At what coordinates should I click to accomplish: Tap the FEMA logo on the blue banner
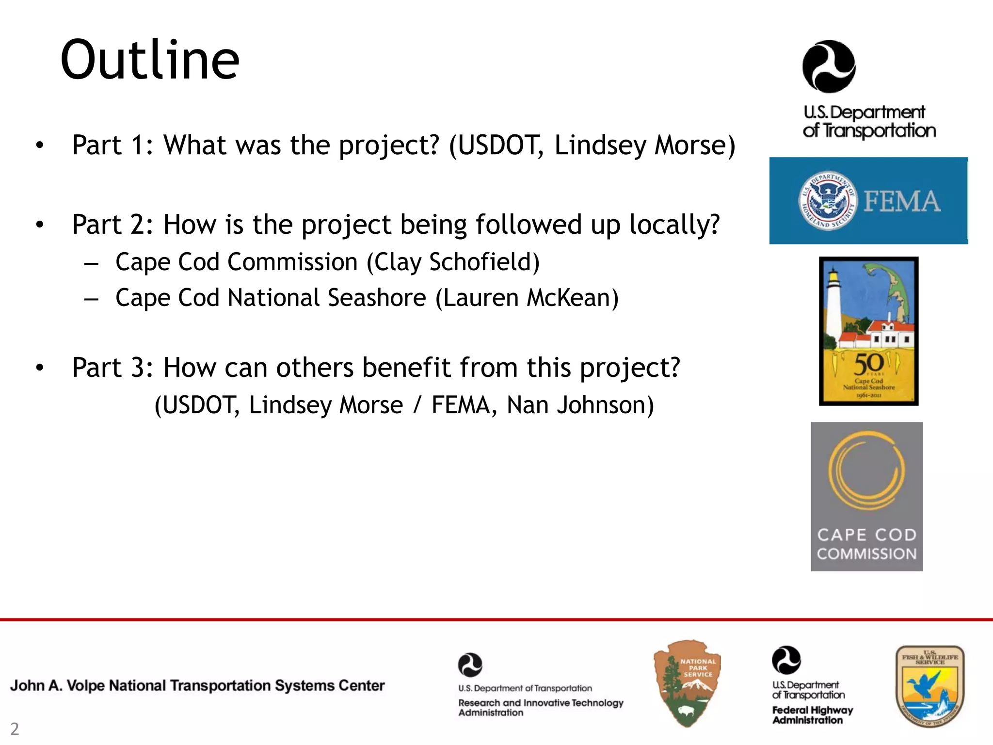tap(902, 201)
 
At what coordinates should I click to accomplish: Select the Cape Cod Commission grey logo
tap(866, 496)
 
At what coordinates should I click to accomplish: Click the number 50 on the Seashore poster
tap(868, 364)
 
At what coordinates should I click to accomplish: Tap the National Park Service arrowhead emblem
tap(687, 683)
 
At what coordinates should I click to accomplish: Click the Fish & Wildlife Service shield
tap(929, 686)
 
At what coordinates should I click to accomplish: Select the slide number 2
tap(15, 729)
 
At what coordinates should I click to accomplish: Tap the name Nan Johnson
tap(580, 405)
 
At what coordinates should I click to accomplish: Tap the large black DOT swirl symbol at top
tap(829, 66)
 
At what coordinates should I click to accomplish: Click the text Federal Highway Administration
tap(812, 715)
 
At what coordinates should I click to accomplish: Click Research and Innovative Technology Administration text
tap(541, 707)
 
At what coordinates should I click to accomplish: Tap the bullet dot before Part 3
tap(40, 368)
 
